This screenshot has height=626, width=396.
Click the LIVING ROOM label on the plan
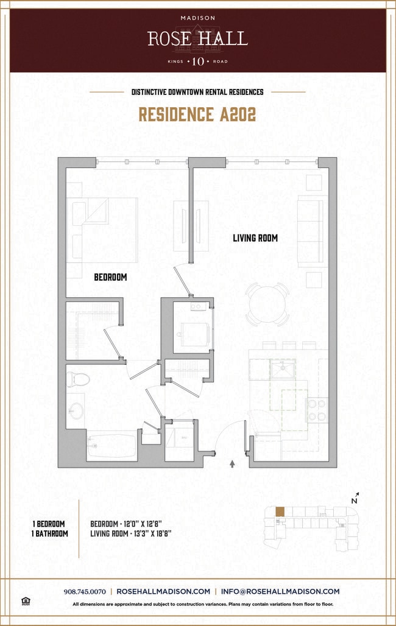[255, 238]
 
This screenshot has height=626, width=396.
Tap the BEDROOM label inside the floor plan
[110, 277]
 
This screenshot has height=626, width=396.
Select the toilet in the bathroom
[77, 379]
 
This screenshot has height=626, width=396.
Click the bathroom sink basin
[76, 410]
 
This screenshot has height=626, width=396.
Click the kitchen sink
[283, 369]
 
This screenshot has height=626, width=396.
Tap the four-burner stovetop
[316, 410]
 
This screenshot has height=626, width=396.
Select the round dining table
[267, 304]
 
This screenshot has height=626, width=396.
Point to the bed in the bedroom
[102, 230]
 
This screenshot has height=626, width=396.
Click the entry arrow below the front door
[232, 463]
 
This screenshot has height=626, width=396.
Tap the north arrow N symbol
[355, 498]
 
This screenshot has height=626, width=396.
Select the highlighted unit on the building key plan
[280, 512]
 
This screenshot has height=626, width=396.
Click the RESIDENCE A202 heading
[197, 114]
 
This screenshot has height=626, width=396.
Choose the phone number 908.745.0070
[85, 592]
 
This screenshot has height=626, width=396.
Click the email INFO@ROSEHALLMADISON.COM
[280, 591]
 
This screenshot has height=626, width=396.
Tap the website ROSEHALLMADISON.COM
[163, 591]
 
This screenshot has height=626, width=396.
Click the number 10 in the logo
[198, 62]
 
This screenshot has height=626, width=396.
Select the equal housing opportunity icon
[26, 601]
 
